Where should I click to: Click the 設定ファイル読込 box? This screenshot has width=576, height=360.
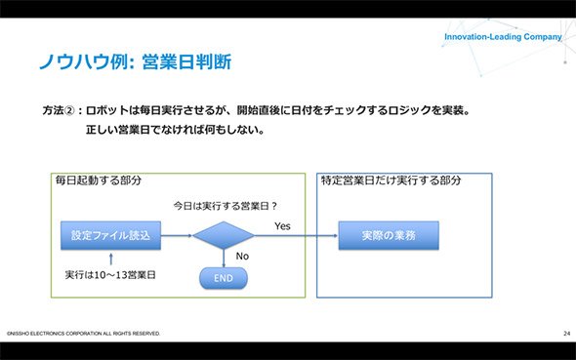[110, 235]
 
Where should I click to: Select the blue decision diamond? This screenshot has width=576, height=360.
[224, 235]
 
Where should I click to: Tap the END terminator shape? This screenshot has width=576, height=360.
[224, 278]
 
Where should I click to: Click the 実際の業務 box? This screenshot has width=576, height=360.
[389, 235]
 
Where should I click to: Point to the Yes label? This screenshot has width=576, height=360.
[282, 226]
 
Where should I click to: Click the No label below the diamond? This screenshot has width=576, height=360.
[242, 257]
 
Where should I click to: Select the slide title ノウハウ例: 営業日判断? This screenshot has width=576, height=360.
[135, 61]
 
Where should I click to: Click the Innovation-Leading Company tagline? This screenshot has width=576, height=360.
[503, 37]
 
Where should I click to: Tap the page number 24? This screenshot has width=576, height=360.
[567, 334]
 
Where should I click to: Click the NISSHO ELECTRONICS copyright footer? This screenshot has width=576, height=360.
[83, 334]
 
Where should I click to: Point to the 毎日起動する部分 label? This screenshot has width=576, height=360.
[99, 180]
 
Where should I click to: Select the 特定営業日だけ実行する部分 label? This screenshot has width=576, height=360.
[391, 180]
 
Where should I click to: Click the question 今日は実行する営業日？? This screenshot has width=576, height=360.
[226, 206]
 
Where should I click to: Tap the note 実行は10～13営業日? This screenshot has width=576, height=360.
[110, 275]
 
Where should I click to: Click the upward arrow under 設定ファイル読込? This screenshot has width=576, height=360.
[111, 259]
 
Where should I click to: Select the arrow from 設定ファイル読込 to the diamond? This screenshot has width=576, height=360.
[177, 235]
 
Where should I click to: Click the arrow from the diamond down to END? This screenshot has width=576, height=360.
[224, 259]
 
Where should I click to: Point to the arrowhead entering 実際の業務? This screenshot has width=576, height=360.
[336, 235]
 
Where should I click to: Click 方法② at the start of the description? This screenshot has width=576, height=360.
[59, 110]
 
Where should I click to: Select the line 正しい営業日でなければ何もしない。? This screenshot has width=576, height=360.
[175, 130]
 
